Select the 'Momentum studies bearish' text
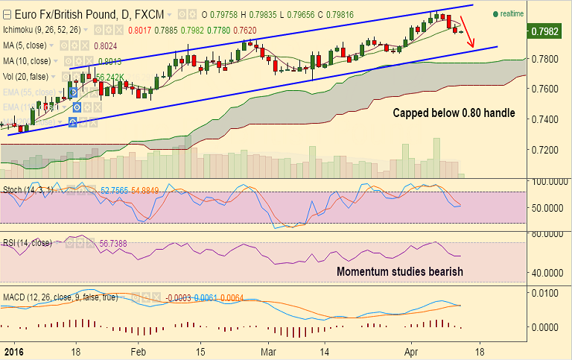point(400,271)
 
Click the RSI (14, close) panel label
point(28,242)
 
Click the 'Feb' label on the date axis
point(139,351)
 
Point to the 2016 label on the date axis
point(11,351)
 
